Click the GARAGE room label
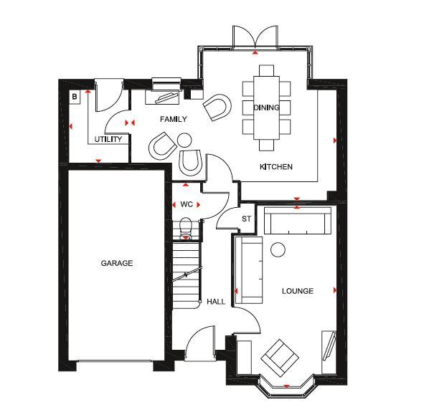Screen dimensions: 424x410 point(117,263)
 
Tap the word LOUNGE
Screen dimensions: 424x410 point(298,291)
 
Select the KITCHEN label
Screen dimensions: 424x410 point(276,166)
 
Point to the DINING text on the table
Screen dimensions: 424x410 point(266,108)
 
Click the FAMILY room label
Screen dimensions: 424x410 point(174,119)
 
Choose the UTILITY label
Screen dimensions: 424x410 point(108,139)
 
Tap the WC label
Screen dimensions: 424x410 point(187,204)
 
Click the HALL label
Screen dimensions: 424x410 point(216,302)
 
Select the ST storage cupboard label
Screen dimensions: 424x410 point(246,219)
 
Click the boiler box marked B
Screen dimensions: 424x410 point(75,97)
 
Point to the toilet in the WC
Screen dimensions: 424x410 point(186,229)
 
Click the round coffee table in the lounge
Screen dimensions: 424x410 point(278,249)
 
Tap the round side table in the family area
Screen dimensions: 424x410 point(184,140)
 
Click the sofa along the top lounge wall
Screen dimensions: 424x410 point(298,221)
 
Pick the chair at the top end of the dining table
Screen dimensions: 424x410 point(266,70)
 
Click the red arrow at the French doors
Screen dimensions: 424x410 point(255,52)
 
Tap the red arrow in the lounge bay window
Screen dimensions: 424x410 point(286,386)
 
